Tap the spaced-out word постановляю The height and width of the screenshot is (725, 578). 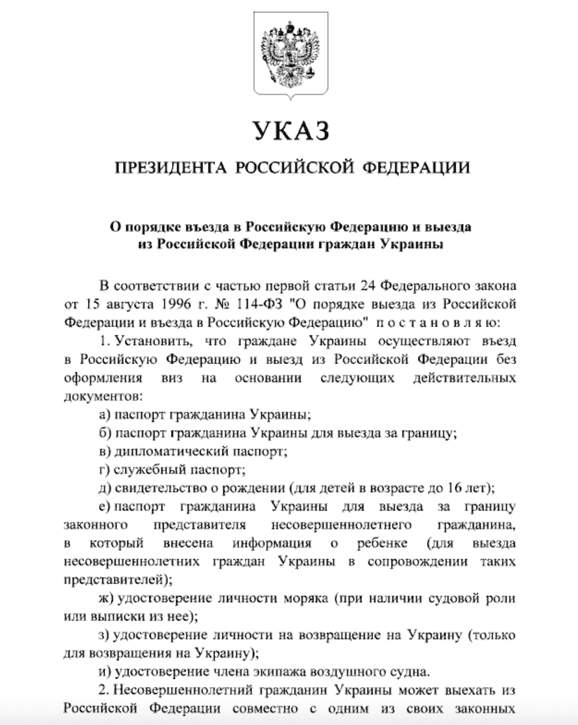435,322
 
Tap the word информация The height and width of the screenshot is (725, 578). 272,543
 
